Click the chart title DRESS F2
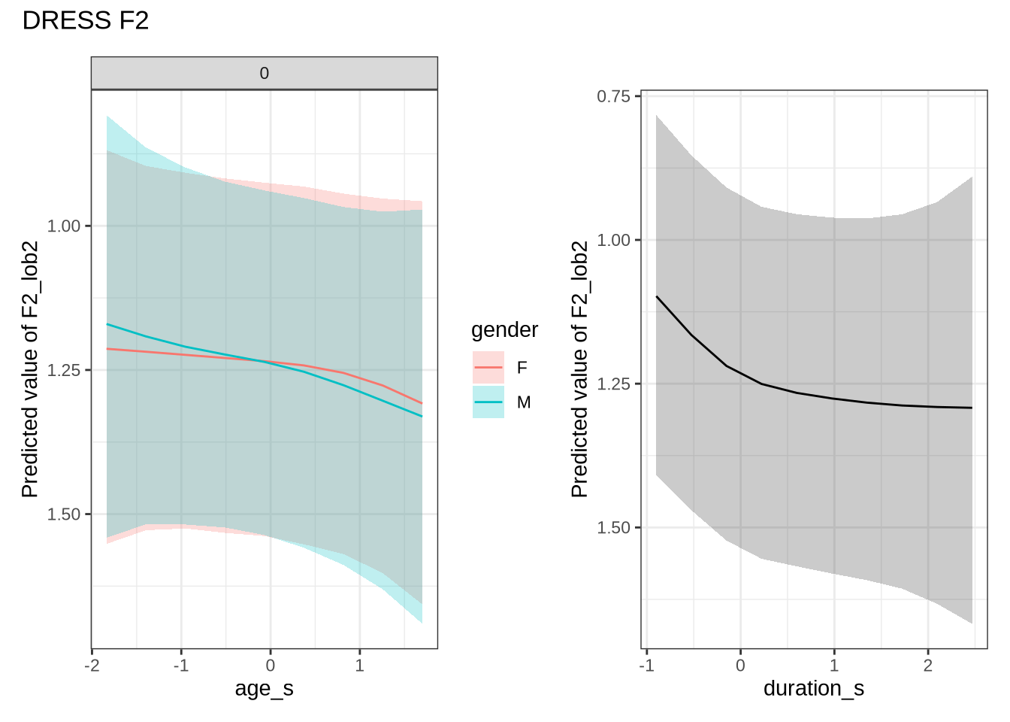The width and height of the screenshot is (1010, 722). tap(86, 21)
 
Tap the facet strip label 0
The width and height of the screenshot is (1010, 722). tap(264, 74)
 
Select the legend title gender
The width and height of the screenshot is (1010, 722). tap(504, 330)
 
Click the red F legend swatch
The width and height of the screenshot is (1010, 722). tap(488, 368)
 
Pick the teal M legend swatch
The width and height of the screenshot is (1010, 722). tap(488, 402)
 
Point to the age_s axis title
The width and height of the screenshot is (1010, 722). tap(264, 688)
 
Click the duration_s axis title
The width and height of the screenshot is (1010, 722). tap(814, 688)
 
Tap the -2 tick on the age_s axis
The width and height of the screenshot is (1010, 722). tap(92, 666)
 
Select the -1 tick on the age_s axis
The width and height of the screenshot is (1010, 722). tap(180, 666)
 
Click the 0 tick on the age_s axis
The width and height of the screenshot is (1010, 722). tap(271, 666)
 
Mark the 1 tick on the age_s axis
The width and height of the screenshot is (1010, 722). tap(360, 666)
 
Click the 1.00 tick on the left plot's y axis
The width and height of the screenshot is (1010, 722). tap(64, 226)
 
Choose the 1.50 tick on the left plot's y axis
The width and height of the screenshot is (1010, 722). tap(64, 514)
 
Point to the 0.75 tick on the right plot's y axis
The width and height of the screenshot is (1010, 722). tap(613, 96)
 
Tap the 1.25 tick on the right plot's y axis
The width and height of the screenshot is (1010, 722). tap(613, 384)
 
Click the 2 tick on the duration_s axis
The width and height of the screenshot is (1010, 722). tap(928, 666)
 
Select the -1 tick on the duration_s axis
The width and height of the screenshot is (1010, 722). tap(646, 666)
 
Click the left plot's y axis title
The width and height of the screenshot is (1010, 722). tap(30, 369)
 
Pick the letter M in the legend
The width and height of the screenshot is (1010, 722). tap(524, 403)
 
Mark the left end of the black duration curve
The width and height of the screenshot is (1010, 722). tap(657, 296)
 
